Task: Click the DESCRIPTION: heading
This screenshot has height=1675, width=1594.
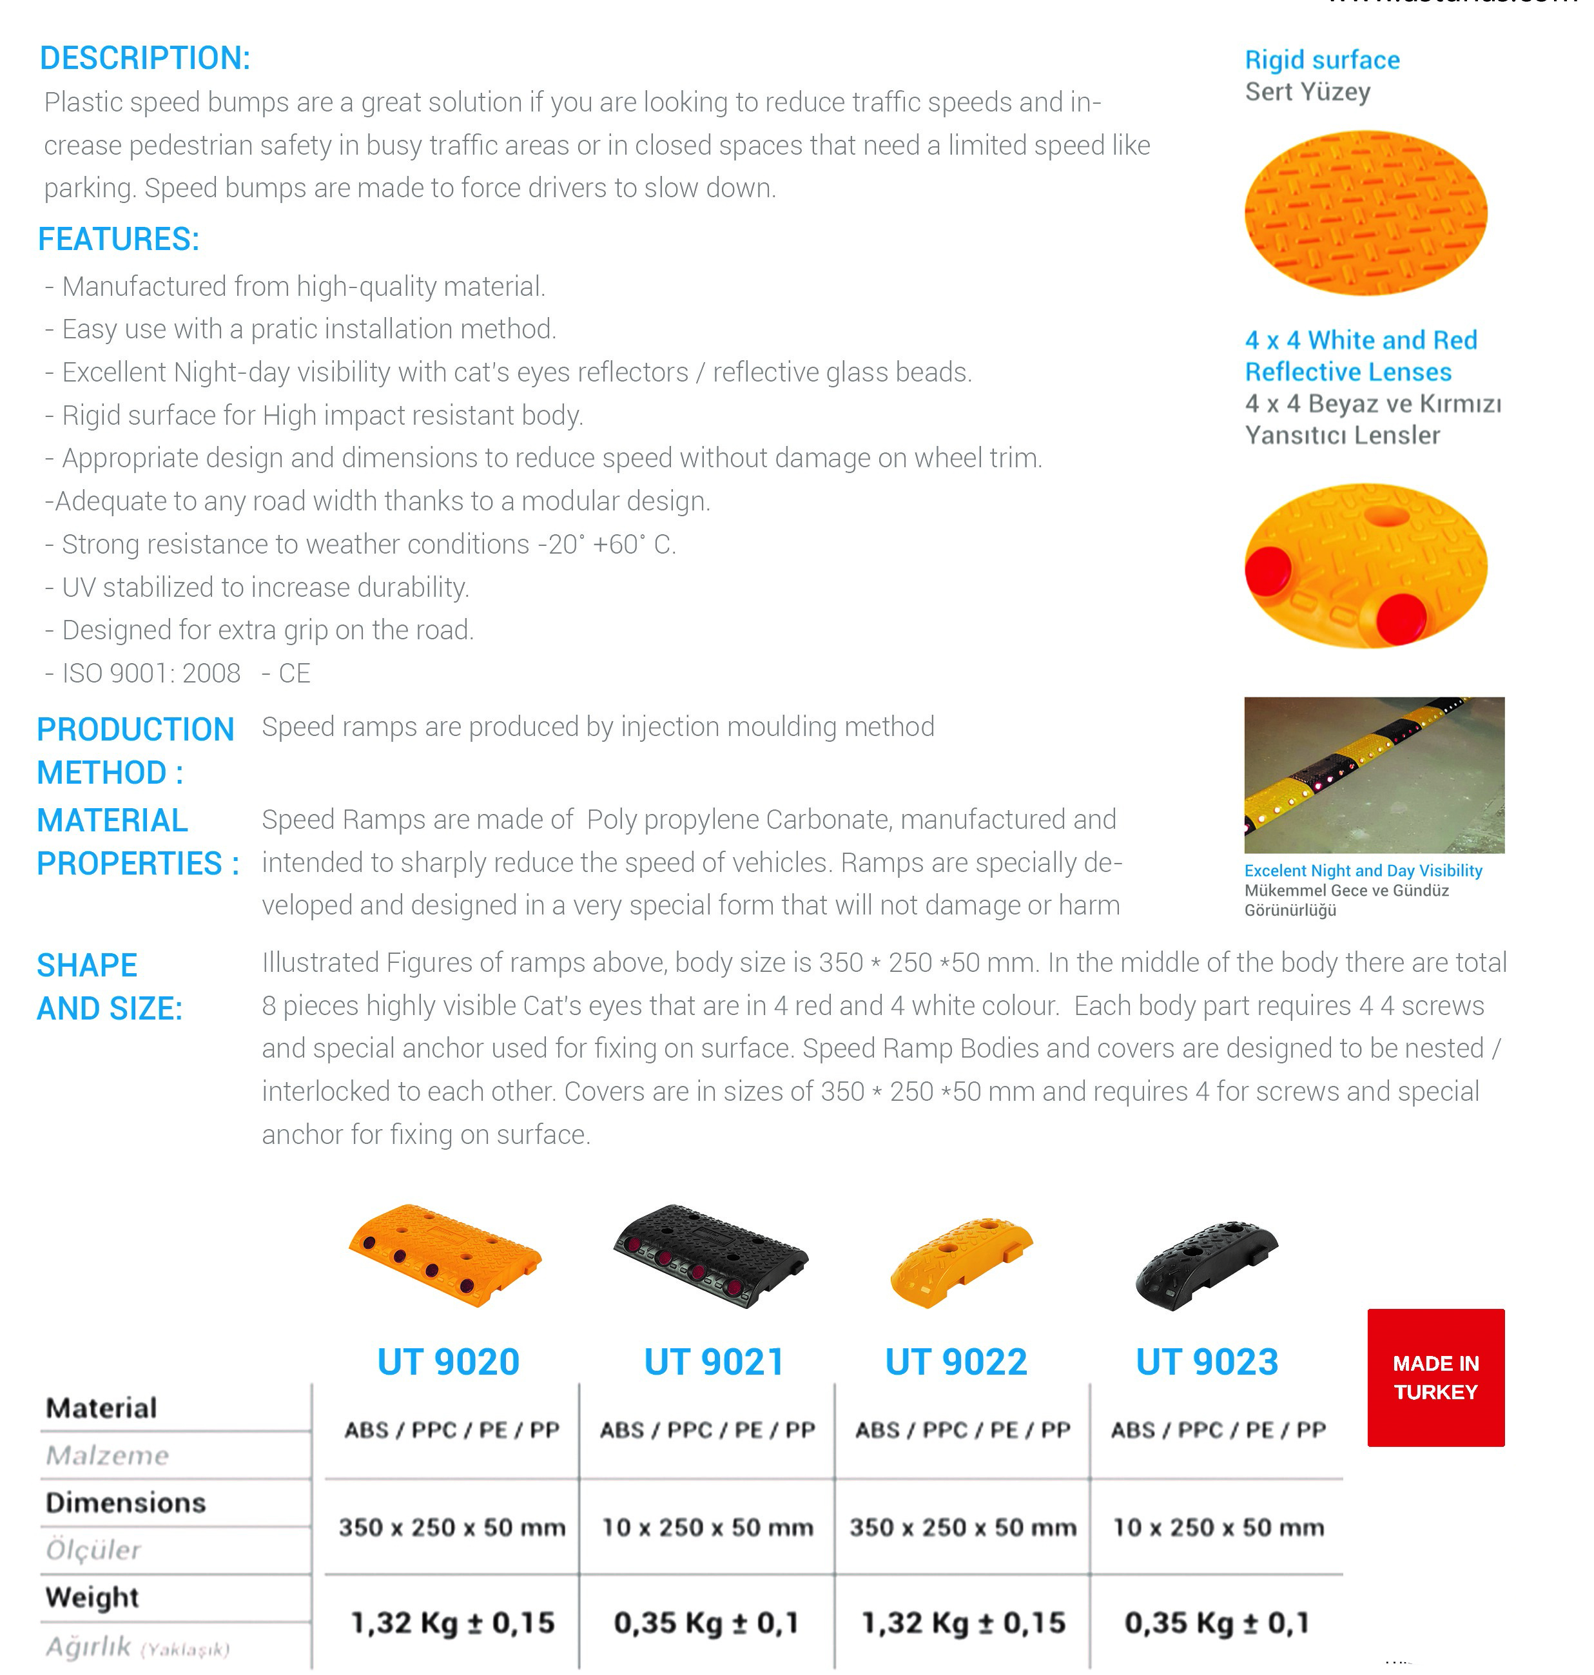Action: click(145, 58)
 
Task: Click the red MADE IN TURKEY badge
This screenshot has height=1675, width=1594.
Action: click(1435, 1377)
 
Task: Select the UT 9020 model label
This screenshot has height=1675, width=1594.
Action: click(448, 1362)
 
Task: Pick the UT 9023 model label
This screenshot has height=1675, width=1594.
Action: click(1207, 1362)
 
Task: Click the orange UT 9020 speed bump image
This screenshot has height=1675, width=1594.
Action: click(444, 1254)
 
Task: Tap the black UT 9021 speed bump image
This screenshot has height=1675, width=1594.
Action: click(710, 1254)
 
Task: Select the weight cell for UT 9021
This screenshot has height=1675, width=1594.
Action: click(706, 1622)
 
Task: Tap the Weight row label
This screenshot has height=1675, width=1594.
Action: click(92, 1597)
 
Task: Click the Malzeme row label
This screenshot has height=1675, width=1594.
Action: click(108, 1455)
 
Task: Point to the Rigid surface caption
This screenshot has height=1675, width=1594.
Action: click(1322, 59)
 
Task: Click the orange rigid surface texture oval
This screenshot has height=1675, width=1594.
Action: click(1365, 212)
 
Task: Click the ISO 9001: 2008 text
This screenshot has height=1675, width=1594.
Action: click(151, 673)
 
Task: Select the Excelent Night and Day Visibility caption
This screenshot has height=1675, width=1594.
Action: click(1363, 870)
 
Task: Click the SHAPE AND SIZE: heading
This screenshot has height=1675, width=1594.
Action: click(110, 986)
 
